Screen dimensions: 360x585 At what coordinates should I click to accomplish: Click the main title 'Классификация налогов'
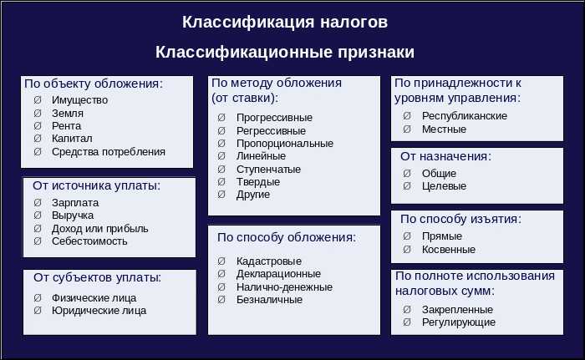coord(285,21)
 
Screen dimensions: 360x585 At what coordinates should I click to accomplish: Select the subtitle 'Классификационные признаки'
coord(285,52)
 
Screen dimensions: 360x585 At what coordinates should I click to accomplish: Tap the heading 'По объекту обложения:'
coord(93,84)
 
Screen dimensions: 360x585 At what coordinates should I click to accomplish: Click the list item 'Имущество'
coord(79,100)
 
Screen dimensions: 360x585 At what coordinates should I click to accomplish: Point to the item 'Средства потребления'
coord(108,152)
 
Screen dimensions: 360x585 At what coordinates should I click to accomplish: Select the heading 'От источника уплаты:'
coord(95,185)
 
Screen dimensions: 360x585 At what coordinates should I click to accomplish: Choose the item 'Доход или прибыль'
coord(99,228)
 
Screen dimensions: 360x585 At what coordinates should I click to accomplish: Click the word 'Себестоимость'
coord(89,241)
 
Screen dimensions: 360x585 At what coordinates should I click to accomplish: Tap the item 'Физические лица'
coord(94,297)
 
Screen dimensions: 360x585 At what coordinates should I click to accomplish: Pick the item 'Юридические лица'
coord(99,311)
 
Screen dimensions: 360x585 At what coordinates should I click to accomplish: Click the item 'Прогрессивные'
coord(274,118)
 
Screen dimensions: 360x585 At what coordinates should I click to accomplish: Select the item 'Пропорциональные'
coord(284,143)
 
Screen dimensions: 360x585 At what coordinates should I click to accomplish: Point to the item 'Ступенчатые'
coord(268,169)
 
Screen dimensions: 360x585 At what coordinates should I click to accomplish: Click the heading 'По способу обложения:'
coord(287,237)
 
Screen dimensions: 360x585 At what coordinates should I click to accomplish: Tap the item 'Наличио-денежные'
coord(284,286)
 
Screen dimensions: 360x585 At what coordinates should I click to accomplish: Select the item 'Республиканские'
coord(465,116)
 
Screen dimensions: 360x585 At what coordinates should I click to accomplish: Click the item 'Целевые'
coord(444,186)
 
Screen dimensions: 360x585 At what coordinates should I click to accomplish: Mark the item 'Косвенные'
coord(449,249)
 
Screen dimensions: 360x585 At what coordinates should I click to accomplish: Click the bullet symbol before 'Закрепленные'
coord(406,309)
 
